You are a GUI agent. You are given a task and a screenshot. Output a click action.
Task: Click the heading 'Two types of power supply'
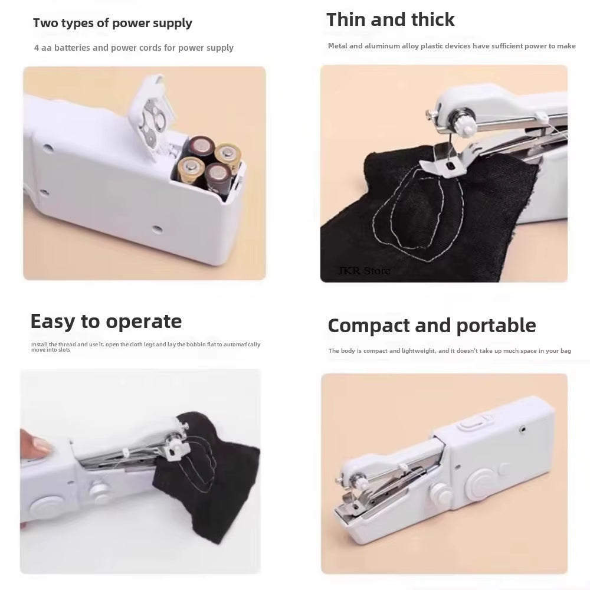point(112,24)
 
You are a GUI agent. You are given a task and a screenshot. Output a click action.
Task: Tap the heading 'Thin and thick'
point(390,19)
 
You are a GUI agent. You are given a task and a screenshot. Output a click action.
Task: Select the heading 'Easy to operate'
point(106,322)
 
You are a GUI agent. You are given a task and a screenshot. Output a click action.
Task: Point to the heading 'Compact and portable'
point(431,326)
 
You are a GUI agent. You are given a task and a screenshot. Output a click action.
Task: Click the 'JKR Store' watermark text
point(363,271)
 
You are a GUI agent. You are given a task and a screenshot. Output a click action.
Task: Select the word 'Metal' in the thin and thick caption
point(338,46)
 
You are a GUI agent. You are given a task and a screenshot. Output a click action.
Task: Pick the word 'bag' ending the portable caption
point(565,351)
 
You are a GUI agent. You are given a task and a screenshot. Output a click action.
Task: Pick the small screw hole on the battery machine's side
point(157,227)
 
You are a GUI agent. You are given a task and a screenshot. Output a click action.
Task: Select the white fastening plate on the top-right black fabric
point(435,165)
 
